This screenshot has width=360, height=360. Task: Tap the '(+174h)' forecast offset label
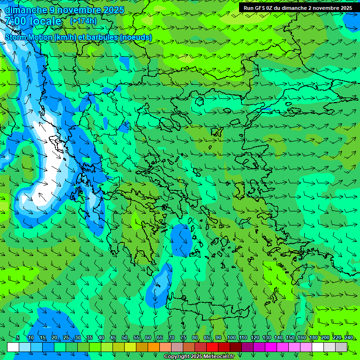83,21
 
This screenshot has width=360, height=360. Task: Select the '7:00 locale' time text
33,21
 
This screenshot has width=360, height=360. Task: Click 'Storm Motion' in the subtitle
28,37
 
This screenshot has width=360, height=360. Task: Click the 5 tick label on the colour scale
18,337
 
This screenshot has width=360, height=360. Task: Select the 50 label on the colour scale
125,337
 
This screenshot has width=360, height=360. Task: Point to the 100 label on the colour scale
232,337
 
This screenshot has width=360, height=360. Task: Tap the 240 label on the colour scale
349,337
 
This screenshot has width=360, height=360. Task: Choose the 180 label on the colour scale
314,337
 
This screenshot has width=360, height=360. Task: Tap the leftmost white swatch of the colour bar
13,347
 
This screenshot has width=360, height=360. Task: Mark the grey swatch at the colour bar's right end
342,347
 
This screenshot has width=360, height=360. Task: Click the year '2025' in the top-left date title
112,10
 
